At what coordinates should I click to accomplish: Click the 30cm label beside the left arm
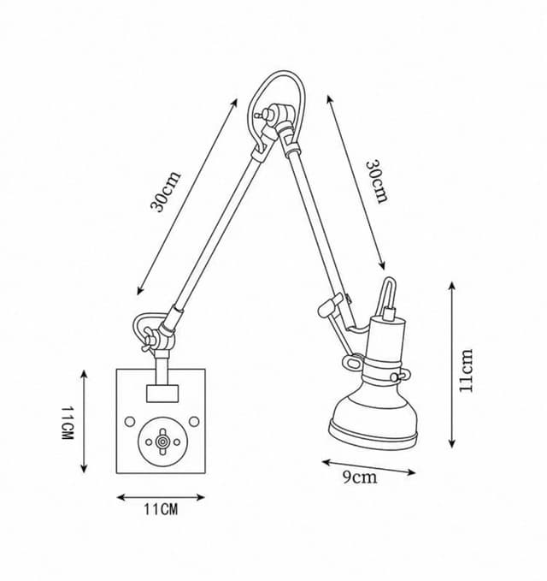166,191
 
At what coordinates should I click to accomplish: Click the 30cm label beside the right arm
377,181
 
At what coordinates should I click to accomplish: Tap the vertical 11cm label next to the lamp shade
466,371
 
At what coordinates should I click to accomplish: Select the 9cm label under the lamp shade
360,477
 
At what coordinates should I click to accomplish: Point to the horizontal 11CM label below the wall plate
161,509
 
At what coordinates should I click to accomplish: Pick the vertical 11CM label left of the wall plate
68,423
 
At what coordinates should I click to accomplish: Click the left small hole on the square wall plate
130,421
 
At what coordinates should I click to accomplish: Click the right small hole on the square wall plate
194,421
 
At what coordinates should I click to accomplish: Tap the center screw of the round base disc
162,442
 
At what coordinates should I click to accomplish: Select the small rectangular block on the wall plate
162,394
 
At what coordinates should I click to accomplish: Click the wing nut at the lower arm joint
148,339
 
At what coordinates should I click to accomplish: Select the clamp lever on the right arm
329,305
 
